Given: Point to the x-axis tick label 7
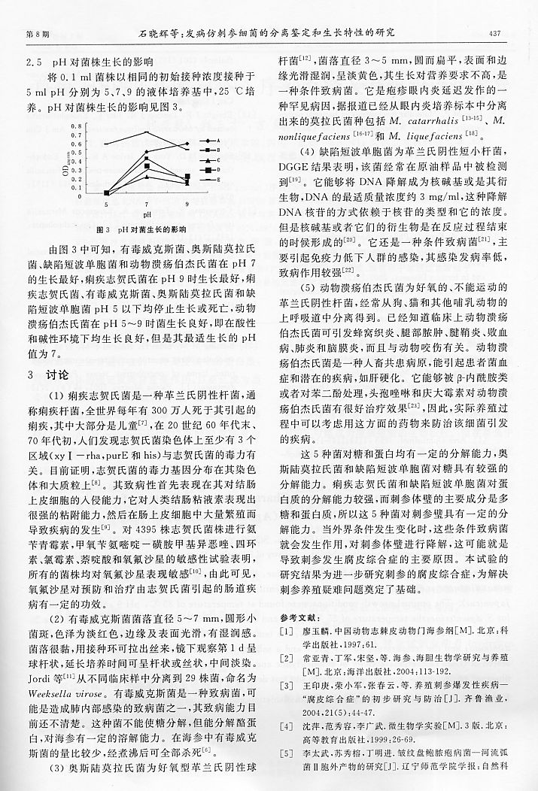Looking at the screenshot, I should (147, 204).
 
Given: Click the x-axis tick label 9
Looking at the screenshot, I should (187, 204).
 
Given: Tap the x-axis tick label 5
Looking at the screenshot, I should (105, 204).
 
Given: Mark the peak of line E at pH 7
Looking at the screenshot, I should (147, 132).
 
